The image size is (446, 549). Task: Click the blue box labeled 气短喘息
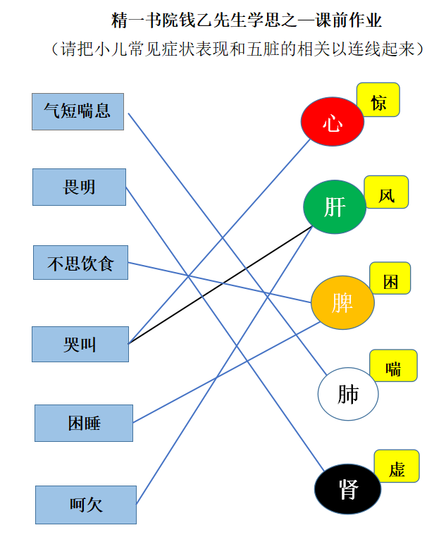tap(78, 111)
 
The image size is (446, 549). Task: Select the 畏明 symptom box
tap(79, 187)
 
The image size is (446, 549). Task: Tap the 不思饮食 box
tap(80, 263)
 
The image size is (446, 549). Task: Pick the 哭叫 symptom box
tap(80, 344)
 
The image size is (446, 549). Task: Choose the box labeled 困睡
tap(84, 423)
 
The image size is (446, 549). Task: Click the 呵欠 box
tap(86, 505)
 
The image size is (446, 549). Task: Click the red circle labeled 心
tap(333, 121)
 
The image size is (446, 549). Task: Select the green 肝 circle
tap(335, 206)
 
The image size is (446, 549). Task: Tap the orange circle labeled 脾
tap(342, 302)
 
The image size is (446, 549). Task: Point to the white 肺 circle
tap(348, 394)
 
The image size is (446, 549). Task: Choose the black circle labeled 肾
tap(347, 489)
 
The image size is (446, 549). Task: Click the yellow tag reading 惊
tap(378, 100)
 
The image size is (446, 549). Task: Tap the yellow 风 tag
tap(387, 192)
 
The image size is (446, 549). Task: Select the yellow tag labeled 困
tap(390, 278)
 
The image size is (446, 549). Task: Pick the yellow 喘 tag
tap(393, 366)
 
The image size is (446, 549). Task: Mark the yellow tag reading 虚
tap(397, 466)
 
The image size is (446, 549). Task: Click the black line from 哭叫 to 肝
tap(221, 285)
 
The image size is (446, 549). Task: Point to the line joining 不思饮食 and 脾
tap(220, 282)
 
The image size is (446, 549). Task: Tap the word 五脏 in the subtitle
tap(263, 49)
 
